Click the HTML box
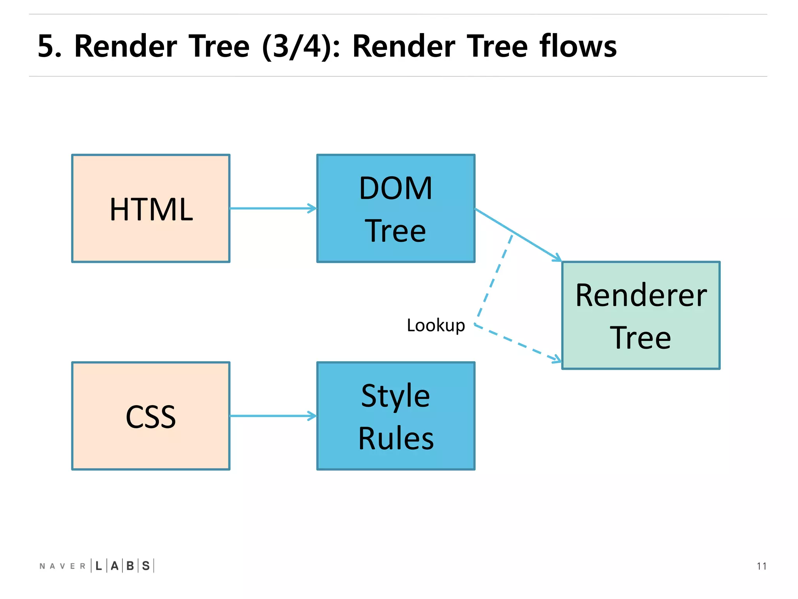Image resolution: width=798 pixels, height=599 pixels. pos(151,208)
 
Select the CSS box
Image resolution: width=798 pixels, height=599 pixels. pos(151,416)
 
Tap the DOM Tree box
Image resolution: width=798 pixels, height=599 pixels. pos(395,208)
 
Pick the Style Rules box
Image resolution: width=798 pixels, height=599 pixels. pos(395,416)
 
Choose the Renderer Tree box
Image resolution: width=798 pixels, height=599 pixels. pos(641,315)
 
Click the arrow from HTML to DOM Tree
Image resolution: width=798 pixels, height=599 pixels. pos(273,208)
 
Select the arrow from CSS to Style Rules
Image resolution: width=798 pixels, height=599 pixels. pos(273,416)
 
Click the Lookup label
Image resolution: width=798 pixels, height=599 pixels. pos(436,325)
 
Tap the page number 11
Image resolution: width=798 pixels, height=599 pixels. pos(761,566)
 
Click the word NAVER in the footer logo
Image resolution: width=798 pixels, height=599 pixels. pos(62,566)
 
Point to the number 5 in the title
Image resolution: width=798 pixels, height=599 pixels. pos(46,46)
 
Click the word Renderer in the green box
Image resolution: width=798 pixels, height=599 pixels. pos(641,295)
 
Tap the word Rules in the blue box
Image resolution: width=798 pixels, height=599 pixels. pos(395,438)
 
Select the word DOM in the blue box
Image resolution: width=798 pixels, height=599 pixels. pos(395,188)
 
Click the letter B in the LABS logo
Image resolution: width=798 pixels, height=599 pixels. pos(130,566)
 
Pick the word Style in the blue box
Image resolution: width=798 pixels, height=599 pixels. pos(395,396)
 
